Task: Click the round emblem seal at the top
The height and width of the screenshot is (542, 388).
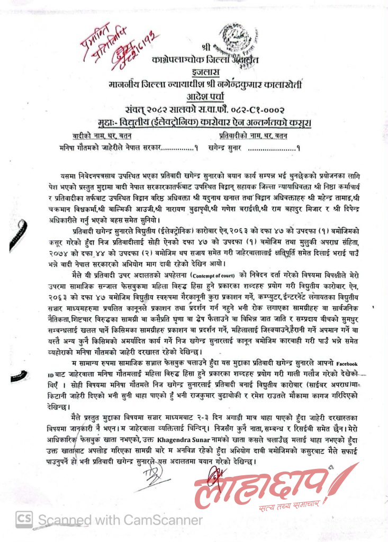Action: pos(239,38)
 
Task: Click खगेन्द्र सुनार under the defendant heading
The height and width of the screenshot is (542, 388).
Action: pos(225,148)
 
